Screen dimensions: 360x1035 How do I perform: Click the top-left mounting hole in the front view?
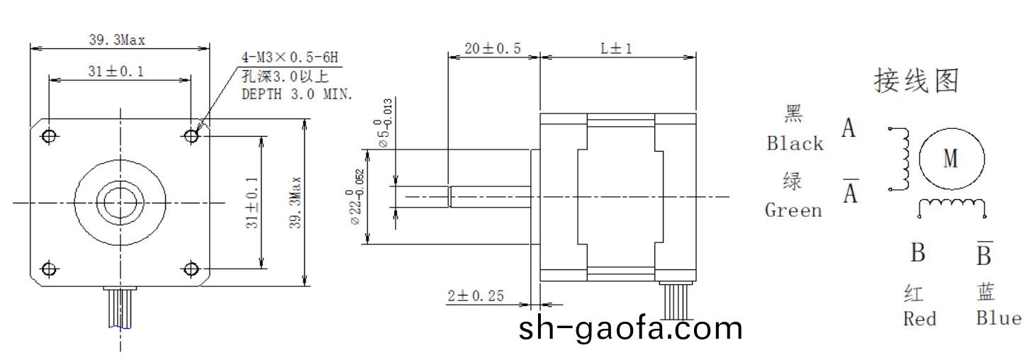[x=48, y=135]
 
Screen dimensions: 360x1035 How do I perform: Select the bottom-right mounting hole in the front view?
[x=191, y=269]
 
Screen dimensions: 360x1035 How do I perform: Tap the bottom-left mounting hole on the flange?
[x=48, y=269]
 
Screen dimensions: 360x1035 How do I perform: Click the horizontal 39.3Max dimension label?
[x=117, y=40]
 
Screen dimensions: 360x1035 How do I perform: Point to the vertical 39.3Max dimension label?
[x=296, y=203]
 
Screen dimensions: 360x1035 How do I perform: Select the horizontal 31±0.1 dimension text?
[x=117, y=72]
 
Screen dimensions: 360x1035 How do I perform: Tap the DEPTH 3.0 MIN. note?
[x=297, y=94]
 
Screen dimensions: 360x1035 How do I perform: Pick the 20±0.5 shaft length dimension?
[x=493, y=48]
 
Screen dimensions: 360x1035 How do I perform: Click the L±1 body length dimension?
[x=616, y=48]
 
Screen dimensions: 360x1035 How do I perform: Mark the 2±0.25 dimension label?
[x=476, y=296]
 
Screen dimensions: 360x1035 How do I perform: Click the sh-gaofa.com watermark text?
[x=631, y=329]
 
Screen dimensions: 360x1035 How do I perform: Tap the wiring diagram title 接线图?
[x=917, y=81]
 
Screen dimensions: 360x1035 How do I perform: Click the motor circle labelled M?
[x=951, y=159]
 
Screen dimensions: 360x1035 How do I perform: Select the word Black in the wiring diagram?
[x=795, y=143]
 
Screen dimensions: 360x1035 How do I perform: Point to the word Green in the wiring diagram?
[x=793, y=210]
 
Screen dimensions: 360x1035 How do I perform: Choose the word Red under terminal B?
[x=919, y=319]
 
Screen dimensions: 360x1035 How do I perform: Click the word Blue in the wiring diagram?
[x=998, y=317]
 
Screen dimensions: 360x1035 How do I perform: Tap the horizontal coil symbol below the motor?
[x=952, y=206]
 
